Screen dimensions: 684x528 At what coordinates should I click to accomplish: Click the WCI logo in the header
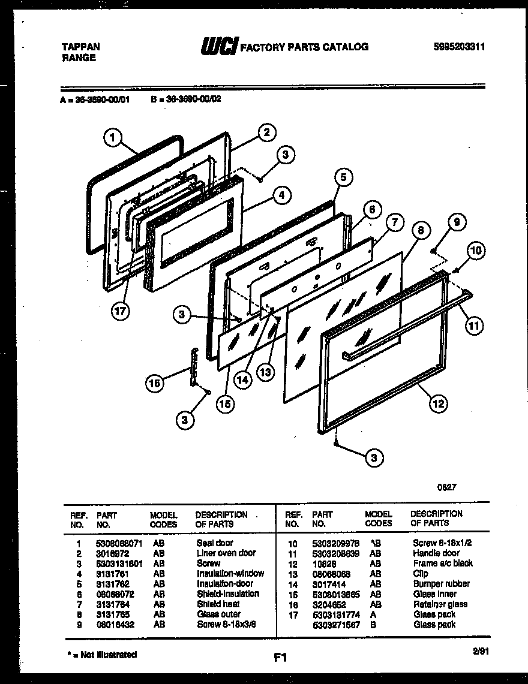tap(220, 47)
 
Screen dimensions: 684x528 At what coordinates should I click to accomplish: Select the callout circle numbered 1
tap(112, 138)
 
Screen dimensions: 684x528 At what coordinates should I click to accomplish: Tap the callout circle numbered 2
tap(266, 132)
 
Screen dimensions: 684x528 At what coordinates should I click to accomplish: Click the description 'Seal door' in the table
tap(215, 543)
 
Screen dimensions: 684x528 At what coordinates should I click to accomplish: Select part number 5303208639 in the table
tap(335, 553)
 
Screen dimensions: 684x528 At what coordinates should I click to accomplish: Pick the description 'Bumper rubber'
tap(441, 584)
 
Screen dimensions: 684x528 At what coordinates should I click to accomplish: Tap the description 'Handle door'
tap(436, 553)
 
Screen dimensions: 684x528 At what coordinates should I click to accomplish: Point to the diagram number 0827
tap(446, 487)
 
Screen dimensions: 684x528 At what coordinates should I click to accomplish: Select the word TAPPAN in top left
tap(81, 47)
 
